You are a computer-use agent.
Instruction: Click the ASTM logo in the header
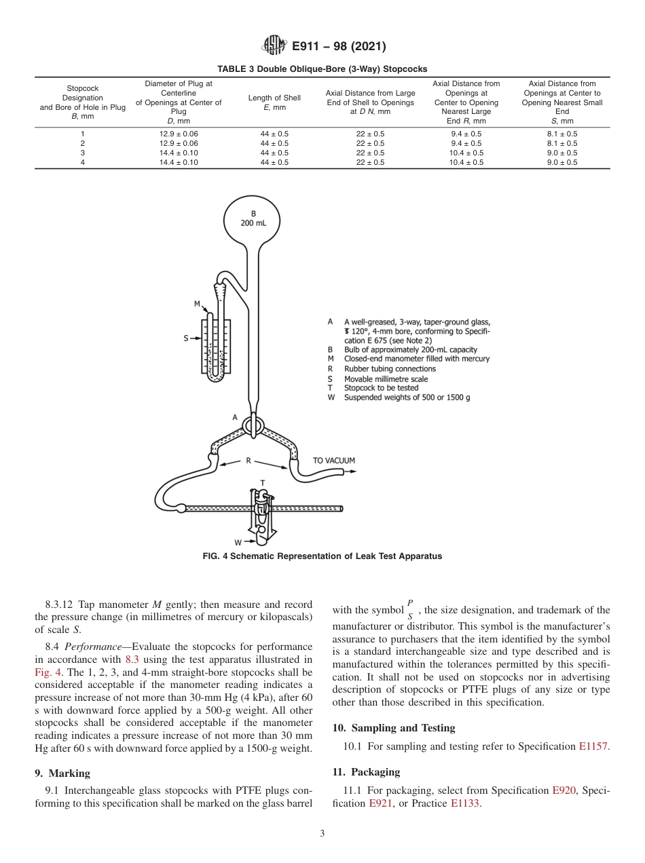(270, 46)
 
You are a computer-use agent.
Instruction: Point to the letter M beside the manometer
(197, 304)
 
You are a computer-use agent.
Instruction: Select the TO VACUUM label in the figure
(333, 461)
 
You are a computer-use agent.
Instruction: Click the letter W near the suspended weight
(238, 542)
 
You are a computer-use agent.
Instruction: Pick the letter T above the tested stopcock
(262, 483)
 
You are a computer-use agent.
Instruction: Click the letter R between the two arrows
(248, 461)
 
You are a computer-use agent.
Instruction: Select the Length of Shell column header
(274, 102)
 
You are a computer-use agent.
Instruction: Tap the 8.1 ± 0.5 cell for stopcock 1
(561, 134)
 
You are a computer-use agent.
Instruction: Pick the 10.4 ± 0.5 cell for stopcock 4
(466, 162)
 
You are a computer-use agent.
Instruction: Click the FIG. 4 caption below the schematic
(322, 556)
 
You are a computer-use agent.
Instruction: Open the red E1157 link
(594, 747)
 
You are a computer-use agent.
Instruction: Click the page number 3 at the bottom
(322, 834)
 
